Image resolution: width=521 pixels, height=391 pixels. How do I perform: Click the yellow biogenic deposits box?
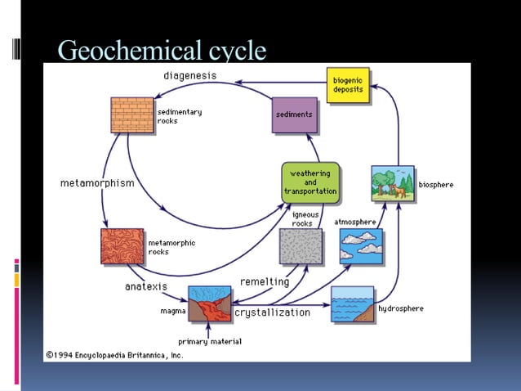click(x=348, y=85)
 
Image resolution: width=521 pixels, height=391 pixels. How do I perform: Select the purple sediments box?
click(x=294, y=115)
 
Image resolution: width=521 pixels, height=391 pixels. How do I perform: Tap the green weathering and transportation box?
click(x=310, y=182)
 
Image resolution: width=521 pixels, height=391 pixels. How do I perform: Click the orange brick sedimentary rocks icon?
click(x=132, y=115)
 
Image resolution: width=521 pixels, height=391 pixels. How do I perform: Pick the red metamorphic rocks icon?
click(x=122, y=246)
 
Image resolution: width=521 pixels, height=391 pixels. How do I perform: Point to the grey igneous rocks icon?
click(x=301, y=246)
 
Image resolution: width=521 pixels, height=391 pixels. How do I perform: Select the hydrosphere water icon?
click(x=352, y=304)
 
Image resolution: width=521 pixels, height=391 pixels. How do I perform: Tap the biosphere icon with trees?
click(x=391, y=182)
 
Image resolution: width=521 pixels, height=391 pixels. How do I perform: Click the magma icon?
click(x=209, y=304)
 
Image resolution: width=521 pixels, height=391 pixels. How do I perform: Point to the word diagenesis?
click(x=190, y=76)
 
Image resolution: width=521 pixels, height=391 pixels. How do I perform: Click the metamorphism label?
click(x=97, y=183)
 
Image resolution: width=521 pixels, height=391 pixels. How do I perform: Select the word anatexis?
click(x=146, y=286)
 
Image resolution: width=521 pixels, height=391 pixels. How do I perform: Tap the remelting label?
click(x=265, y=281)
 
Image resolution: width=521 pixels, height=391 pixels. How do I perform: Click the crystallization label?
click(x=273, y=312)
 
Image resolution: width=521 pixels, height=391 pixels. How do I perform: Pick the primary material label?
click(x=210, y=341)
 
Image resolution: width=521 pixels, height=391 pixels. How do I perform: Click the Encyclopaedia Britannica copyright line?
click(x=114, y=355)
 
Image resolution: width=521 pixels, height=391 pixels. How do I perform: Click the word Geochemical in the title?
click(x=125, y=51)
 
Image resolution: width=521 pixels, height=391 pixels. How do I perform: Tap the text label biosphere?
click(x=435, y=185)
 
